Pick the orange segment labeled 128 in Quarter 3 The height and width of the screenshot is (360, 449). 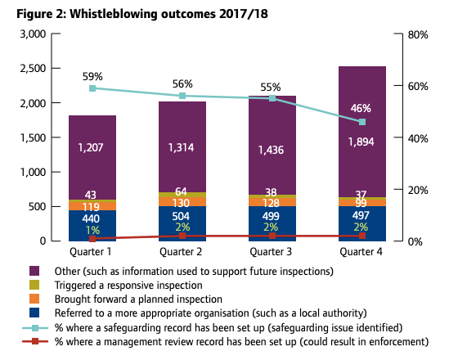pyautogui.click(x=272, y=202)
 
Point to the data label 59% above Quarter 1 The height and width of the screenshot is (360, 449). pyautogui.click(x=92, y=74)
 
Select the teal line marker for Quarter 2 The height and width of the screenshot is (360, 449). pyautogui.click(x=182, y=96)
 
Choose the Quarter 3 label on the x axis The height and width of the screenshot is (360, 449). pyautogui.click(x=272, y=252)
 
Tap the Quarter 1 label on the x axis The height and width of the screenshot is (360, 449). pyautogui.click(x=92, y=252)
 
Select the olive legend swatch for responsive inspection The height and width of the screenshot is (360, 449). pyautogui.click(x=34, y=286)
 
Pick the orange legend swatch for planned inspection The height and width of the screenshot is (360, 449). pyautogui.click(x=34, y=299)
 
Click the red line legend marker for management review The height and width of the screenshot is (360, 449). pyautogui.click(x=34, y=342)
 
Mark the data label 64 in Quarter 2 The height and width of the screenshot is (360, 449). pyautogui.click(x=182, y=191)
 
